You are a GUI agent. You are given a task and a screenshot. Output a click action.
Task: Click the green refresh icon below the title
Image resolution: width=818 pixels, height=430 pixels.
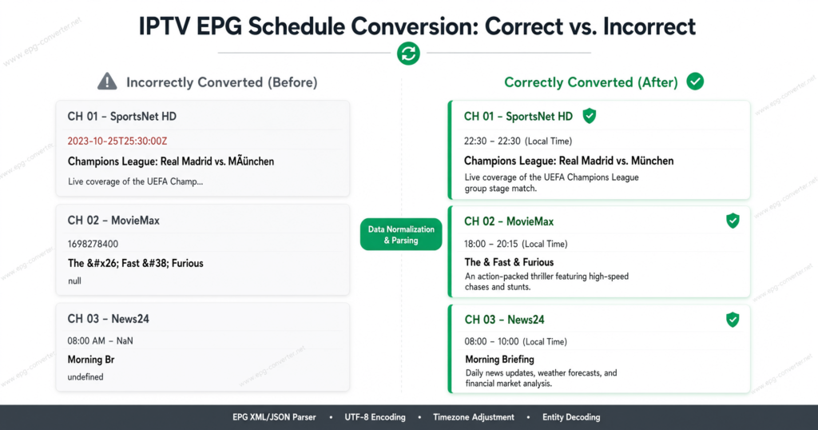click(408, 54)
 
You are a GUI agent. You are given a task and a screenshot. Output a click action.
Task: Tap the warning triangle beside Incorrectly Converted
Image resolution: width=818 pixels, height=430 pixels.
click(107, 82)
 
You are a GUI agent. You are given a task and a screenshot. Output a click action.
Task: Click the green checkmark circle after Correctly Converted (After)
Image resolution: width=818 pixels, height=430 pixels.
click(695, 82)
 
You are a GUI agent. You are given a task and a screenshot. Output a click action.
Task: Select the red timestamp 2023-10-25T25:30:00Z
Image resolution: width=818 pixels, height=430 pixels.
click(117, 141)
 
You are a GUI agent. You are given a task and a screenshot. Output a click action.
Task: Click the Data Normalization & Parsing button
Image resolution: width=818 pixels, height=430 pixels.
click(401, 234)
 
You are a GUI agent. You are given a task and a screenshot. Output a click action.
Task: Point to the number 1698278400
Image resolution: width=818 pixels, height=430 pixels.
click(93, 244)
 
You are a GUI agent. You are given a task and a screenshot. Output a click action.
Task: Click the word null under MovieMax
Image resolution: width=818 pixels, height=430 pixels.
click(74, 281)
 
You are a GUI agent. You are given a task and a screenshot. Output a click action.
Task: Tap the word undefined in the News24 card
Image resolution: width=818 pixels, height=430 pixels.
click(85, 376)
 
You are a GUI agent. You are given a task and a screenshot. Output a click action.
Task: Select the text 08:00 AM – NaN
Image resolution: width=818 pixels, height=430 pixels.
click(100, 340)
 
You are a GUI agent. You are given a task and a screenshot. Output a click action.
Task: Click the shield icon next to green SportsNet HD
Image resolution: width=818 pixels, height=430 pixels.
click(590, 116)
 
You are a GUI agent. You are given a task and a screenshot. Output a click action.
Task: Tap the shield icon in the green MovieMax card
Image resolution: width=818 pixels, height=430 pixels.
click(733, 221)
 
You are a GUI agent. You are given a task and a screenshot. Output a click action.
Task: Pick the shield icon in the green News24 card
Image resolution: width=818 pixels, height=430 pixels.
click(733, 320)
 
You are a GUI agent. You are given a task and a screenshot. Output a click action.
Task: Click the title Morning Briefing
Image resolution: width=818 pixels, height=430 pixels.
click(500, 360)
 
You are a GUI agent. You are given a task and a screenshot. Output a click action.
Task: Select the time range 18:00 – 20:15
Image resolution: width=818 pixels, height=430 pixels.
click(490, 244)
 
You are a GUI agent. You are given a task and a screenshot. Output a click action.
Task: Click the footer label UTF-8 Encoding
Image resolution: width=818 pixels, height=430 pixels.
click(375, 417)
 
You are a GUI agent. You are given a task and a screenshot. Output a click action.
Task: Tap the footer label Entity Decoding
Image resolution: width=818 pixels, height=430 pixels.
click(571, 417)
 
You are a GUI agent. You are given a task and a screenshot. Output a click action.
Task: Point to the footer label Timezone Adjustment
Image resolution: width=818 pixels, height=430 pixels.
click(474, 417)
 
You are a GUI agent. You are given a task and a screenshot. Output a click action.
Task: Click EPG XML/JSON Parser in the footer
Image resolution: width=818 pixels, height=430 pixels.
click(275, 417)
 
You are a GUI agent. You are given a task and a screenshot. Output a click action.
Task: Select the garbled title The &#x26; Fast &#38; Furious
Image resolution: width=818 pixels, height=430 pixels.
click(136, 263)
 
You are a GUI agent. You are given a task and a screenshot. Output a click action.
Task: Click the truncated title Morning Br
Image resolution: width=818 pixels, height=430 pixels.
click(91, 360)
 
